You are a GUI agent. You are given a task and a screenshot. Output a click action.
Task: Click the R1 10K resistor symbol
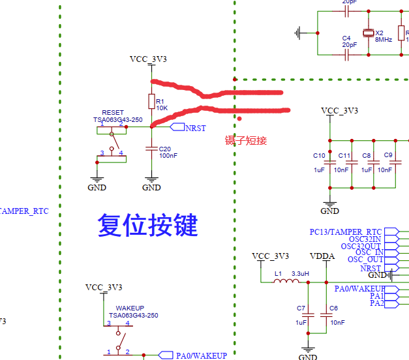point(151,102)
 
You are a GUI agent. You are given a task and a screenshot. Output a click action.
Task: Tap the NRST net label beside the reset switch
point(195,128)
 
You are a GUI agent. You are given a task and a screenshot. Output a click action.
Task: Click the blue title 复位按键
point(147,225)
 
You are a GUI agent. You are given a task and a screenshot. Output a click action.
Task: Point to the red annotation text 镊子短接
point(246,140)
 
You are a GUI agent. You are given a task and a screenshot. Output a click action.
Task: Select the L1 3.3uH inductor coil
point(287,282)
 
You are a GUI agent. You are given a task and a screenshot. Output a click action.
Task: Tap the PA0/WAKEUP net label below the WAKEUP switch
point(201,355)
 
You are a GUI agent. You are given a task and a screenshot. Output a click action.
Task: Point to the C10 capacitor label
point(319,155)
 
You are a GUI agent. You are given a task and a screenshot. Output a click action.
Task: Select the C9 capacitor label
point(388,155)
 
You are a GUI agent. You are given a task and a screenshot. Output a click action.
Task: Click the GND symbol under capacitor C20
point(151,183)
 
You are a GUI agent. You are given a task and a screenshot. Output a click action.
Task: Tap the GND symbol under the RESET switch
point(97,183)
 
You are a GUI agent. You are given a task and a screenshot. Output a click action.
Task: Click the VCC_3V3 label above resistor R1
point(148,59)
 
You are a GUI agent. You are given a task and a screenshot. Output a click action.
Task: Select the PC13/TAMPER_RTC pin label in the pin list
point(346,232)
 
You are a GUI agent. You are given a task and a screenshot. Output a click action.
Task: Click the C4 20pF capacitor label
point(346,38)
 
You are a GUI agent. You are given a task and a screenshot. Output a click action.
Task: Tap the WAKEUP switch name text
point(130,308)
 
